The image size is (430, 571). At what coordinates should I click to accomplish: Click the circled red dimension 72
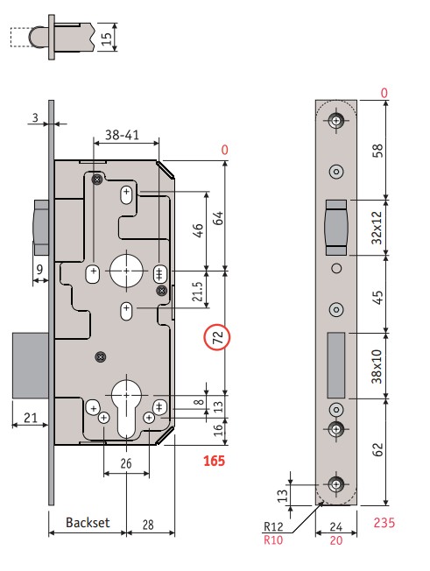coord(217,337)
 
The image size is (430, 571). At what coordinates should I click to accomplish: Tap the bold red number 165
coord(214,461)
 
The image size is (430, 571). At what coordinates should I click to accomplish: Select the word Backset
coord(88,523)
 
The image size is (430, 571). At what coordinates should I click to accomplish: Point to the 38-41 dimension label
coord(122,135)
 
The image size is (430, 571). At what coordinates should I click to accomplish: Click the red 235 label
coord(384,523)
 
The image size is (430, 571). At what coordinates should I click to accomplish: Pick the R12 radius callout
coord(273,526)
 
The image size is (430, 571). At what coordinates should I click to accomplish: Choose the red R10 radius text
coord(273,539)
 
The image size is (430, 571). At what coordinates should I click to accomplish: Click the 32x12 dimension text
coord(377,228)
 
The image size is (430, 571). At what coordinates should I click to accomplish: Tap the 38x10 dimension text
coord(377,366)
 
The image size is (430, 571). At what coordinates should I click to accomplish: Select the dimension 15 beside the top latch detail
coord(106,39)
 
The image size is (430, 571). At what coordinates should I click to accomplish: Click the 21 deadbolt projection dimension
coord(31,418)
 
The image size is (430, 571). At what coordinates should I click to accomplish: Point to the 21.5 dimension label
coord(197,292)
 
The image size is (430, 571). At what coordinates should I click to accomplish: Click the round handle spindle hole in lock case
coord(126,271)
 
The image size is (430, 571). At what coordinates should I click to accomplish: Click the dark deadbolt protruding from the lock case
coord(31,365)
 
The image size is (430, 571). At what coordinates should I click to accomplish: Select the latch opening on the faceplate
coord(336,227)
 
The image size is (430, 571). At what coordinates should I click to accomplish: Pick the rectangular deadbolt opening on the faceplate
coord(336,365)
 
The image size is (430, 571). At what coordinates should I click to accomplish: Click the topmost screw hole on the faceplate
coord(336,120)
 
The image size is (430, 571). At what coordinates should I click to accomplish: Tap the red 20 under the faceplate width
coord(336,540)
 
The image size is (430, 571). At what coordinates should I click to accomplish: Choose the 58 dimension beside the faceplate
coord(377,150)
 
